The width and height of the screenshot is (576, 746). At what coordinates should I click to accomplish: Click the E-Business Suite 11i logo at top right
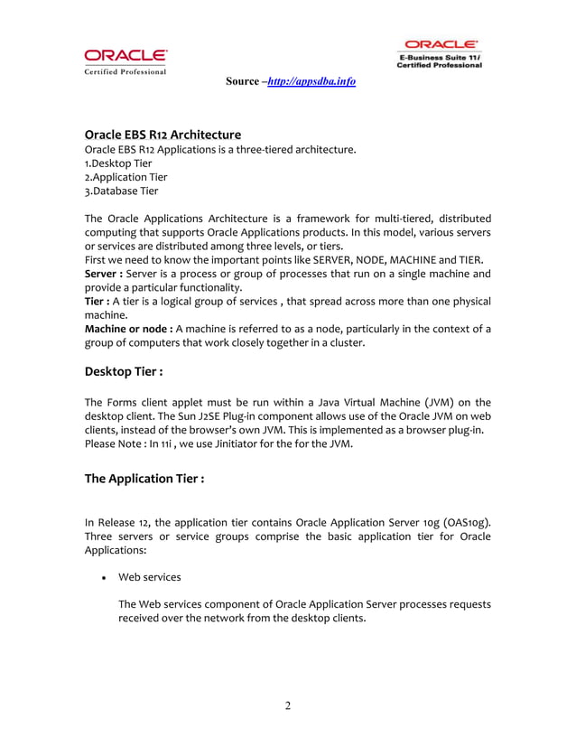pyautogui.click(x=441, y=53)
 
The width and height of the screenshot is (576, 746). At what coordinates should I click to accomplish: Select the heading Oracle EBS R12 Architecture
pyautogui.click(x=163, y=135)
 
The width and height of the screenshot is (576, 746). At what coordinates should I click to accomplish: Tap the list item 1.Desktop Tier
pyautogui.click(x=118, y=163)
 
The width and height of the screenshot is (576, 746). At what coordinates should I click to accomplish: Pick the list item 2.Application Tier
pyautogui.click(x=125, y=177)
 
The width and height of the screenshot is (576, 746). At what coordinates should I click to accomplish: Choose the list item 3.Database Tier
pyautogui.click(x=121, y=191)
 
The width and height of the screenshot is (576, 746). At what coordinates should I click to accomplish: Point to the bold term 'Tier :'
pyautogui.click(x=97, y=301)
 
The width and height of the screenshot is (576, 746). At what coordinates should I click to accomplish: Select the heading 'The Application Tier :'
pyautogui.click(x=144, y=479)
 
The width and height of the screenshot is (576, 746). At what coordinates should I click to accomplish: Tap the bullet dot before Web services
pyautogui.click(x=107, y=578)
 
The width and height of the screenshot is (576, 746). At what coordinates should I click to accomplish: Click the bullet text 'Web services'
pyautogui.click(x=150, y=577)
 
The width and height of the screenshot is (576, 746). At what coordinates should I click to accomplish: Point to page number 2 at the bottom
pyautogui.click(x=288, y=705)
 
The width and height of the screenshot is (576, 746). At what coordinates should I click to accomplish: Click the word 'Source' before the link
pyautogui.click(x=242, y=81)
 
